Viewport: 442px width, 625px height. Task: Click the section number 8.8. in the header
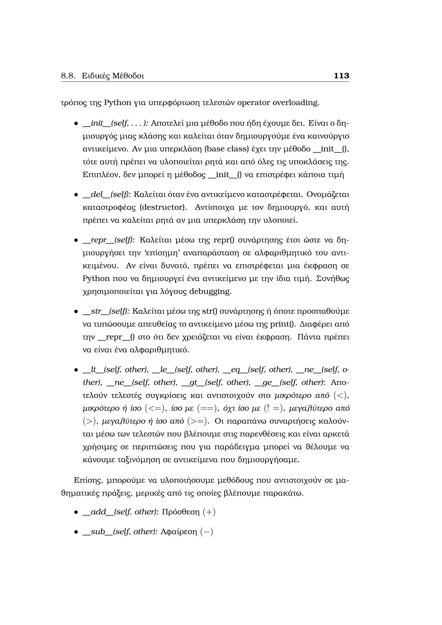68,76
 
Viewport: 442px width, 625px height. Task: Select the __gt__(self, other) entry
216,382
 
